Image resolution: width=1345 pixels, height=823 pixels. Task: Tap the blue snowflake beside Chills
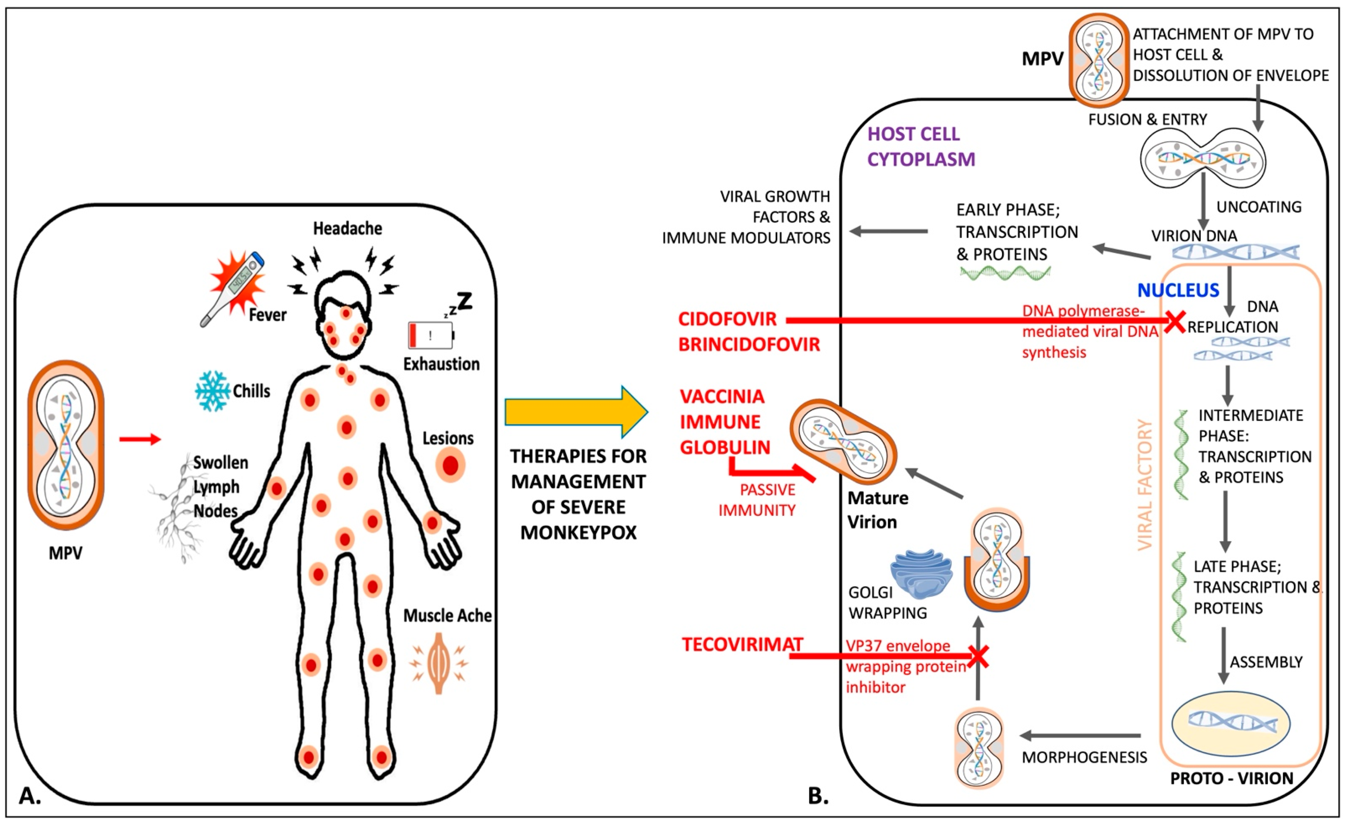[x=212, y=391]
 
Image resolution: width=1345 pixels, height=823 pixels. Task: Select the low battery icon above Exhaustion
[x=431, y=335]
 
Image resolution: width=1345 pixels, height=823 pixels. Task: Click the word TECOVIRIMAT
[x=742, y=644]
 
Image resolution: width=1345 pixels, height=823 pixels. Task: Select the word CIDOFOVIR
[x=727, y=319]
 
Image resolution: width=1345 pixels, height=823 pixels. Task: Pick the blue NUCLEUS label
[x=1178, y=290]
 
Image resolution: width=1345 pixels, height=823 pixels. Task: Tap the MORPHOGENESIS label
[x=1084, y=757]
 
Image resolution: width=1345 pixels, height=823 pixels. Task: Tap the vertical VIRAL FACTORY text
[x=1145, y=485]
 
